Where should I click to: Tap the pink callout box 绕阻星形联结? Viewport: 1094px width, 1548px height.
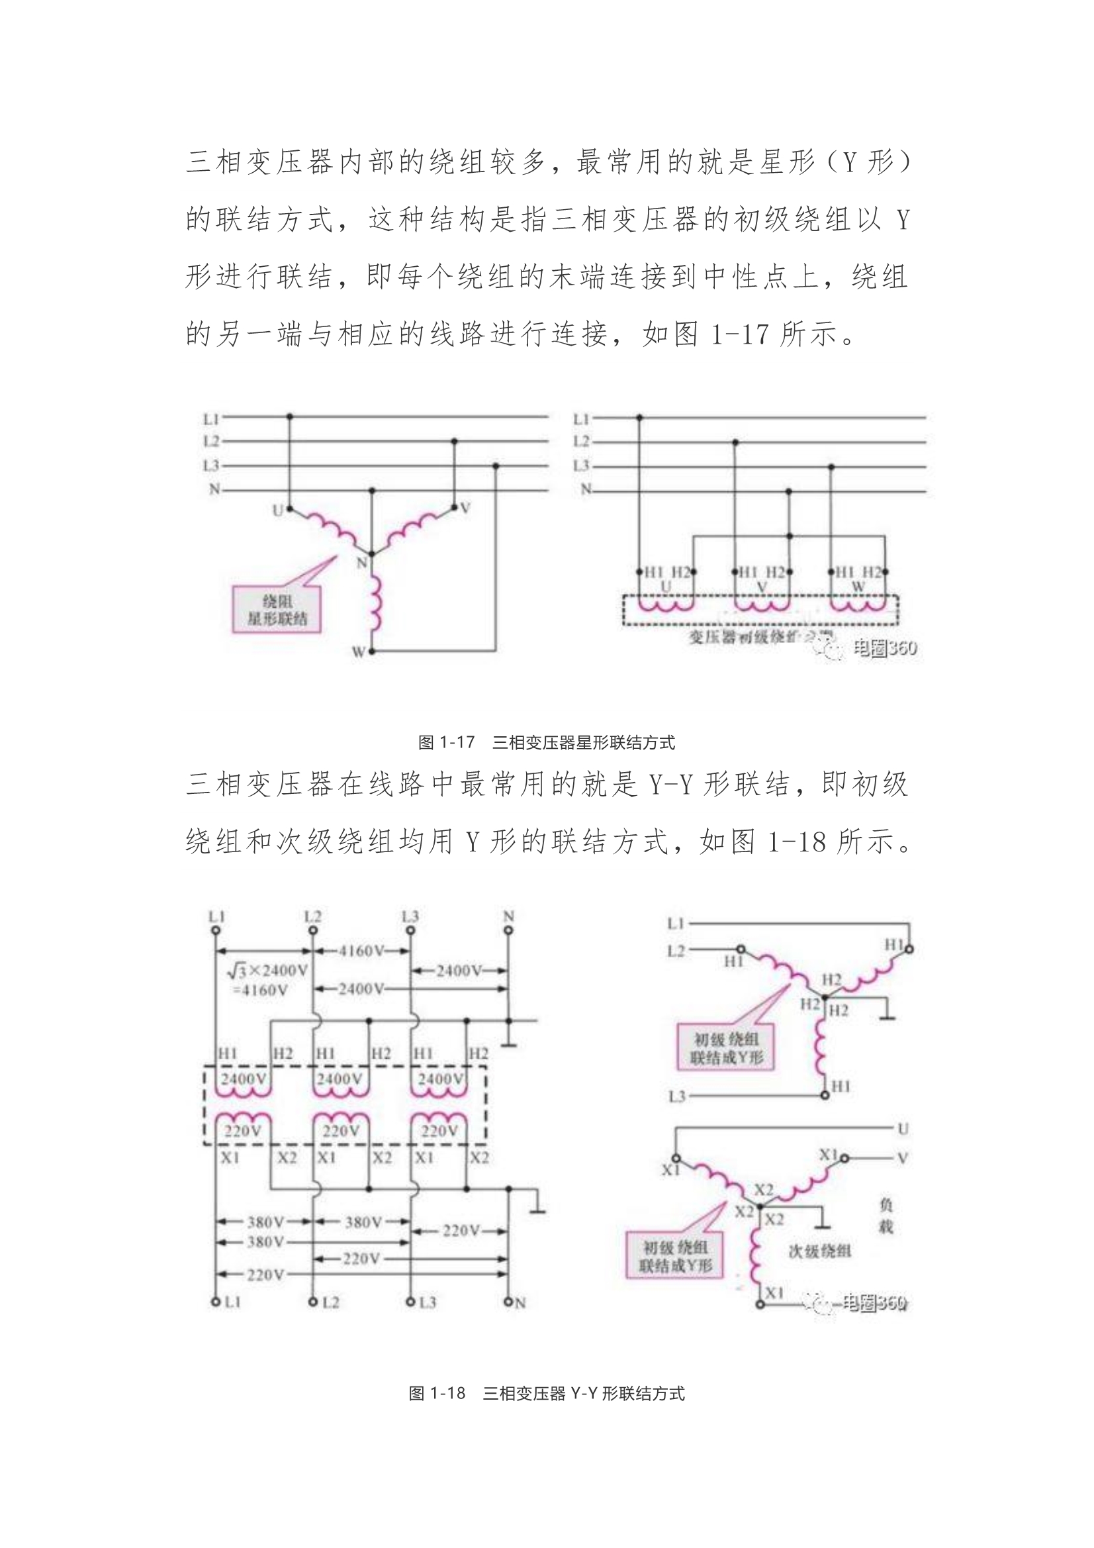pyautogui.click(x=277, y=610)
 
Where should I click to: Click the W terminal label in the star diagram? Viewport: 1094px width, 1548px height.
pyautogui.click(x=358, y=652)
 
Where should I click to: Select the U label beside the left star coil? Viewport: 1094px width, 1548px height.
pyautogui.click(x=277, y=511)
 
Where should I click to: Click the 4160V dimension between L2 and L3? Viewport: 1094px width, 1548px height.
pyautogui.click(x=361, y=951)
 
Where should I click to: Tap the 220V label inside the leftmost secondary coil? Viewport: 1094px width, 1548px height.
pyautogui.click(x=243, y=1131)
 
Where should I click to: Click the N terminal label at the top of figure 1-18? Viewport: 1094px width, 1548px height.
pyautogui.click(x=508, y=916)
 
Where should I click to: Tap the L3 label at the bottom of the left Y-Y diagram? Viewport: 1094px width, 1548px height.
pyautogui.click(x=428, y=1302)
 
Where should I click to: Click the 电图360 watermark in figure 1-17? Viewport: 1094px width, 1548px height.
pyautogui.click(x=884, y=648)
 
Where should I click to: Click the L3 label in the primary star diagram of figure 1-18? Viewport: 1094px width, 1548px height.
pyautogui.click(x=676, y=1097)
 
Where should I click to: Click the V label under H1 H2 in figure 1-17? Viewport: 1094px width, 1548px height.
pyautogui.click(x=762, y=587)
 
